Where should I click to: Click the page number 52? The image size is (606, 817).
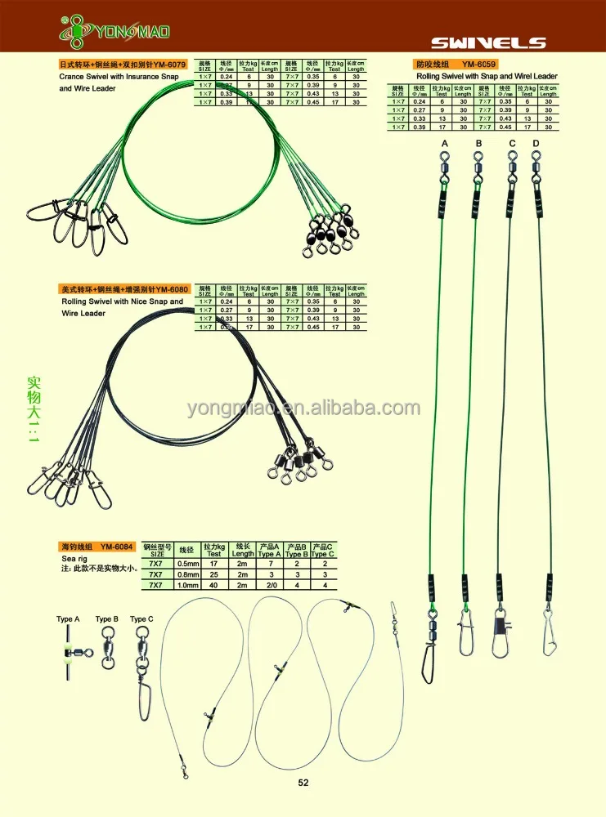point(303,782)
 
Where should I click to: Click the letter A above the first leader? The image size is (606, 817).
point(445,144)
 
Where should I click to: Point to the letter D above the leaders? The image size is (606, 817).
point(536,144)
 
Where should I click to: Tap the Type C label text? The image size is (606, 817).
point(141,619)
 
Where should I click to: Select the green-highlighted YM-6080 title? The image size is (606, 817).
point(125,289)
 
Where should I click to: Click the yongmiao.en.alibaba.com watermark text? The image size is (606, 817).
point(303,408)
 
